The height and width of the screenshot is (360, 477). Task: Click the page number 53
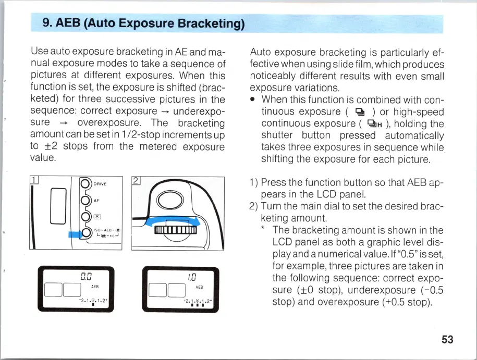pyautogui.click(x=447, y=339)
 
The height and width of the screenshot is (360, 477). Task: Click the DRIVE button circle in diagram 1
pyautogui.click(x=85, y=184)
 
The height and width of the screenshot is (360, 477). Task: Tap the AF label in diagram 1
pyautogui.click(x=96, y=201)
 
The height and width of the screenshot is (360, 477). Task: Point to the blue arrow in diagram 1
pyautogui.click(x=75, y=234)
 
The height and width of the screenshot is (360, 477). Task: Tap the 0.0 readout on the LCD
pyautogui.click(x=86, y=277)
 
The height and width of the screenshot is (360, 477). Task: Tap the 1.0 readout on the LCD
pyautogui.click(x=192, y=277)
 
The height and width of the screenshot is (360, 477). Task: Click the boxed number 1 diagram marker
pyautogui.click(x=34, y=180)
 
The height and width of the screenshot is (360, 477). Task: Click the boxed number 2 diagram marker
pyautogui.click(x=136, y=181)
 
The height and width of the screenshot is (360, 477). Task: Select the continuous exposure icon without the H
pyautogui.click(x=360, y=112)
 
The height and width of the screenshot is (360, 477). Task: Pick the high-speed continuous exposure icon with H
pyautogui.click(x=374, y=124)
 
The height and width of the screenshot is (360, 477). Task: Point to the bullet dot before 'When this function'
pyautogui.click(x=252, y=100)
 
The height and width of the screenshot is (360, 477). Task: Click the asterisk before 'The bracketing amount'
pyautogui.click(x=263, y=228)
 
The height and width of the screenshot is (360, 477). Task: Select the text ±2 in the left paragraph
pyautogui.click(x=51, y=146)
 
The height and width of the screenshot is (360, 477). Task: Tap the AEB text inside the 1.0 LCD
pyautogui.click(x=199, y=287)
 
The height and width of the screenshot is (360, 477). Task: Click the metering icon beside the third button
pyautogui.click(x=97, y=217)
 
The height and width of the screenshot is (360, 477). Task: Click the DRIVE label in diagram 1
pyautogui.click(x=100, y=184)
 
